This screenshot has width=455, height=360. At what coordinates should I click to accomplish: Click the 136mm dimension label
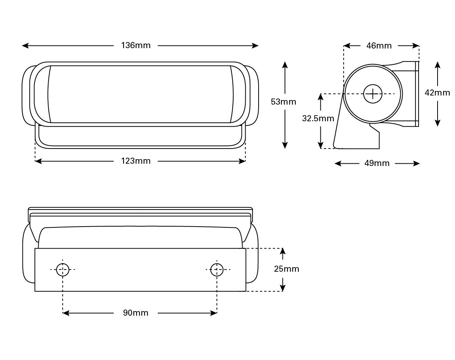[136, 45]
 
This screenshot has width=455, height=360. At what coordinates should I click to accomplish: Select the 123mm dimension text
[136, 161]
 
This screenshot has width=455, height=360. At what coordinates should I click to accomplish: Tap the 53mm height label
[283, 102]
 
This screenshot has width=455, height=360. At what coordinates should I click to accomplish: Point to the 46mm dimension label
[379, 45]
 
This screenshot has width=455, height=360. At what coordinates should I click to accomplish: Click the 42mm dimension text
[437, 93]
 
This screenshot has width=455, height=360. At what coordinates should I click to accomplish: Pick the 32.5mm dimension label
[318, 118]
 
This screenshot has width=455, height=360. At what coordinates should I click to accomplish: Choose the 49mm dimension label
[377, 163]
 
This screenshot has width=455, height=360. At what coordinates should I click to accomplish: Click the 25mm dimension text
[287, 269]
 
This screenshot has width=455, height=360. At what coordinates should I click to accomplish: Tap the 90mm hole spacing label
[135, 313]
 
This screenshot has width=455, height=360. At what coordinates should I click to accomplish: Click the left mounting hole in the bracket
[63, 269]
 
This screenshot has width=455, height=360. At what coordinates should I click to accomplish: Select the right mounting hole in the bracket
[217, 269]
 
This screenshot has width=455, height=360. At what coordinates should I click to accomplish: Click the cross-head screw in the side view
[373, 94]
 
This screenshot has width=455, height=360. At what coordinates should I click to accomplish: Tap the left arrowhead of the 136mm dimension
[25, 45]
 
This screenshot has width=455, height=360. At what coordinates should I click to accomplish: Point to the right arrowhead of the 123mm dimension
[242, 161]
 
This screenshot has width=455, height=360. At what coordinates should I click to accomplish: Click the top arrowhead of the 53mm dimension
[285, 65]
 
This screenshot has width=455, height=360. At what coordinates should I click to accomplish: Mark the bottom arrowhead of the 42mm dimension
[438, 123]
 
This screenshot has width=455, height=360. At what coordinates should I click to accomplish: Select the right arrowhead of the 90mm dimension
[213, 313]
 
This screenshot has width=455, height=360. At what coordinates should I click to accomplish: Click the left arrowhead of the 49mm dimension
[338, 163]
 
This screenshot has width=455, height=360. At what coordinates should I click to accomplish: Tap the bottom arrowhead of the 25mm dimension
[283, 288]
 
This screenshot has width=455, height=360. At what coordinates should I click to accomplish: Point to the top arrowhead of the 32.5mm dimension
[321, 97]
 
